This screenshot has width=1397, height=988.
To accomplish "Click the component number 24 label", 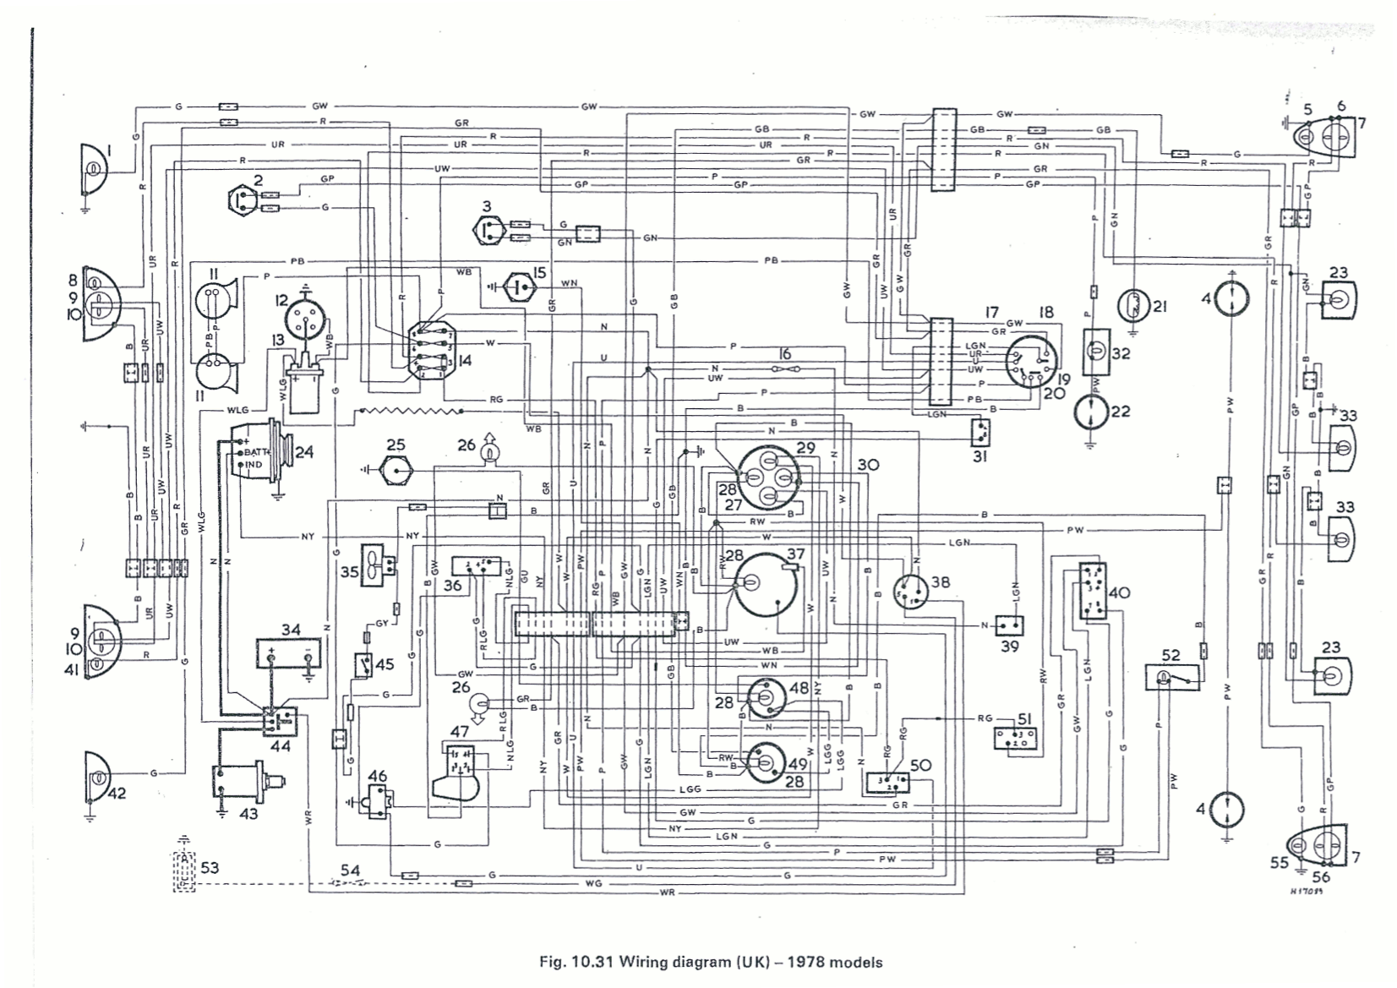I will [x=303, y=452].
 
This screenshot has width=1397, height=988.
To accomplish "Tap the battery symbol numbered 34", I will [x=290, y=654].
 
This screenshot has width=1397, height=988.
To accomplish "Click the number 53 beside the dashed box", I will [x=209, y=868].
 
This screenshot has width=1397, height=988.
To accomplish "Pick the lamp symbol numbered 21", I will [x=1132, y=306].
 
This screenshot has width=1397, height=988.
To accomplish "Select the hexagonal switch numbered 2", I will [x=244, y=201].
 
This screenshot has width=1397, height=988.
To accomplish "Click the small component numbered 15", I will [x=521, y=287].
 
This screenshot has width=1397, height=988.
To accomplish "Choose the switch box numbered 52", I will [x=1171, y=678].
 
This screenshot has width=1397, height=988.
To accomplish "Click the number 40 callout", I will [x=1119, y=593].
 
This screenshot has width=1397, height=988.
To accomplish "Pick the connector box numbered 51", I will [x=1015, y=738].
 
